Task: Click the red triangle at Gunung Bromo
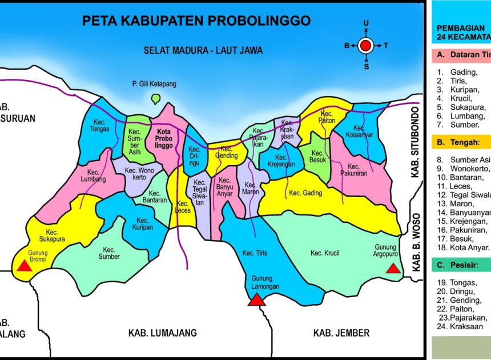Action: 23,266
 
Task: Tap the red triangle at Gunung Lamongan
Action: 256,299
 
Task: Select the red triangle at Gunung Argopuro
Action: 393,268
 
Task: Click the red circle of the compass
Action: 366,45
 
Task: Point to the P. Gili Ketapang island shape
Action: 155,98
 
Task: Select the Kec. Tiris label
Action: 255,253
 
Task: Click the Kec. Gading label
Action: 305,193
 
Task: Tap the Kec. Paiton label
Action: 327,117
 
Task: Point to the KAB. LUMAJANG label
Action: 162,333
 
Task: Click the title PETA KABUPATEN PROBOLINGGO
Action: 196,21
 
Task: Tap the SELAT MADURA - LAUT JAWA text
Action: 203,50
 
